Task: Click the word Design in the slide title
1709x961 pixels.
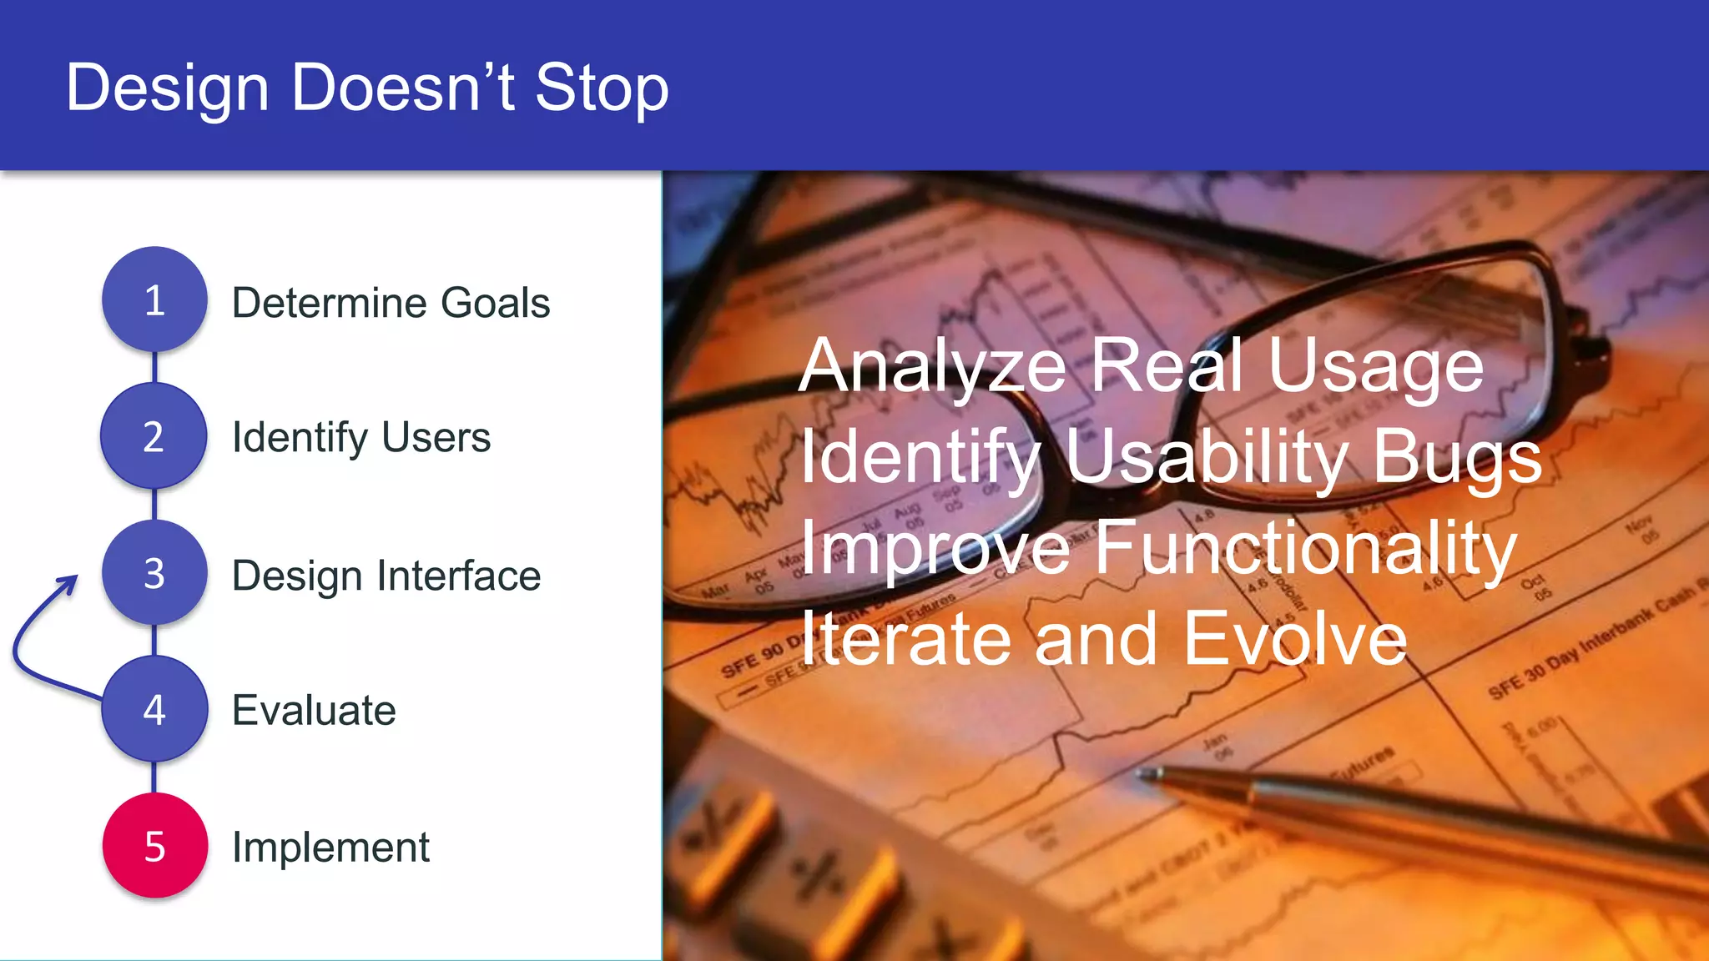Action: tap(167, 88)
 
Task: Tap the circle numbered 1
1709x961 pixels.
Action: tap(154, 299)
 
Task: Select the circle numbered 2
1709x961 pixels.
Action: tap(154, 436)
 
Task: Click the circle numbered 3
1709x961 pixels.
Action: tap(154, 573)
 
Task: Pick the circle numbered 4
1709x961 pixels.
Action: tap(154, 709)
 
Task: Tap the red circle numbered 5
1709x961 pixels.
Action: tap(154, 846)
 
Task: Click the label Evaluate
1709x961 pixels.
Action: tap(314, 711)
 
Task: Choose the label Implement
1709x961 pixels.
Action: tap(330, 848)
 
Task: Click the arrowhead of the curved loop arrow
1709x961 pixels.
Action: tap(70, 581)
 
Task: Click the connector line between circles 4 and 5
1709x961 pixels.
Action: tap(154, 777)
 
